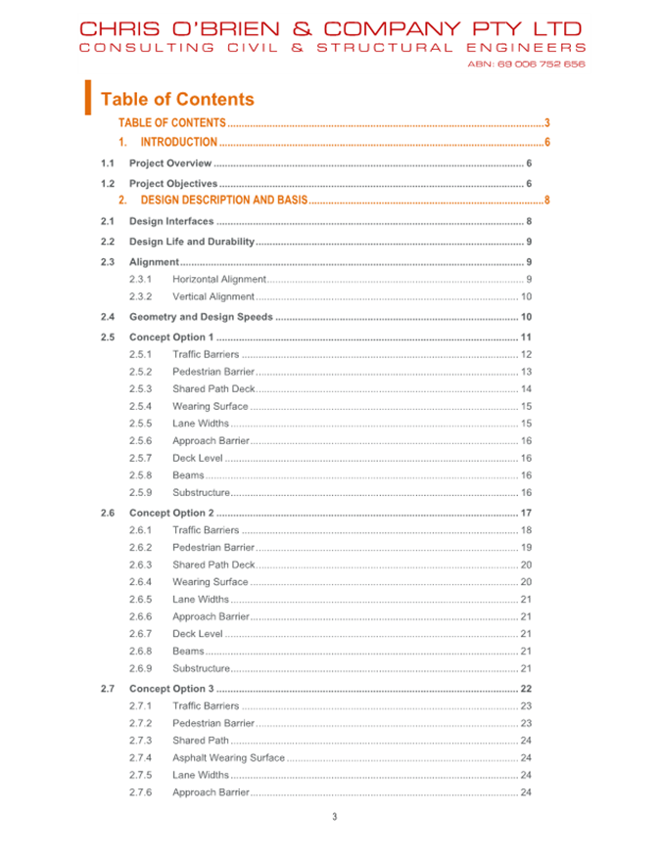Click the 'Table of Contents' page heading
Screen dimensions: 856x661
(x=177, y=99)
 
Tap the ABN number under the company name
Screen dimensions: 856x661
(x=526, y=64)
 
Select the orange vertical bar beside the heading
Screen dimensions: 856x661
(x=88, y=97)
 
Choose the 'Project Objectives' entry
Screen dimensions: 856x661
(x=173, y=183)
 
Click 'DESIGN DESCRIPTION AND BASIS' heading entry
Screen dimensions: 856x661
(x=224, y=201)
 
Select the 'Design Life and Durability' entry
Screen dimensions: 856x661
(x=192, y=242)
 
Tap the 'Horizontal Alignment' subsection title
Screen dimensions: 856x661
(x=219, y=280)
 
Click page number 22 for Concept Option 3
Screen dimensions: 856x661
(x=526, y=689)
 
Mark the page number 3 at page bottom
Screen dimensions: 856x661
(x=334, y=818)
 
